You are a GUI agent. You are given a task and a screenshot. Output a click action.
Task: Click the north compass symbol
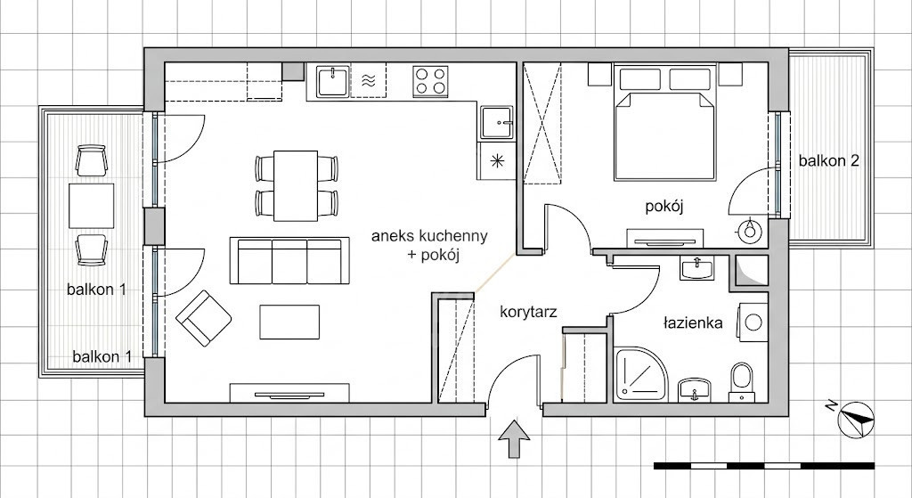pyautogui.click(x=856, y=419)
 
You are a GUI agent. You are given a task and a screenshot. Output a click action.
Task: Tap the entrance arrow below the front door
pyautogui.click(x=514, y=440)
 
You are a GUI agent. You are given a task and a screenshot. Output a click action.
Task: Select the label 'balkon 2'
pyautogui.click(x=828, y=160)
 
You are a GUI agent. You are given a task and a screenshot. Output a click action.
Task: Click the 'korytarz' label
pyautogui.click(x=528, y=313)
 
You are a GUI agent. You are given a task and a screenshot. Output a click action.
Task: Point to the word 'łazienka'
pyautogui.click(x=693, y=322)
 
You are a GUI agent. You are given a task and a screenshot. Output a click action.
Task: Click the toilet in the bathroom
pyautogui.click(x=742, y=382)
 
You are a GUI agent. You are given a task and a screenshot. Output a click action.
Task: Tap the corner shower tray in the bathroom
pyautogui.click(x=639, y=375)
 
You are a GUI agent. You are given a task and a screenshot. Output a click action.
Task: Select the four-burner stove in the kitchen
pyautogui.click(x=430, y=81)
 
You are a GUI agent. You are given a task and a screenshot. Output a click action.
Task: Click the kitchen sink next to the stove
pyautogui.click(x=333, y=81)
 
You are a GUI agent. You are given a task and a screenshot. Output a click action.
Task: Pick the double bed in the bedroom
pyautogui.click(x=664, y=123)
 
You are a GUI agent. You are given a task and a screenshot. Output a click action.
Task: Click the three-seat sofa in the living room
pyautogui.click(x=289, y=260)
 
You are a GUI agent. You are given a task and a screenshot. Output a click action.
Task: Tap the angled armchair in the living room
pyautogui.click(x=204, y=318)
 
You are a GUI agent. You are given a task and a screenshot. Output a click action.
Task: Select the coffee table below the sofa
pyautogui.click(x=289, y=322)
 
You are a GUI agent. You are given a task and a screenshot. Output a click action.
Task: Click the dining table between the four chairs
pyautogui.click(x=296, y=185)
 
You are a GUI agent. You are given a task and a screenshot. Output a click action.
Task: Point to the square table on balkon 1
pyautogui.click(x=92, y=206)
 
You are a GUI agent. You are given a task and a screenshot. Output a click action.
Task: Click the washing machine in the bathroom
pyautogui.click(x=753, y=322)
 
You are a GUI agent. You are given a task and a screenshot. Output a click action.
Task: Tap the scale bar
pyautogui.click(x=764, y=466)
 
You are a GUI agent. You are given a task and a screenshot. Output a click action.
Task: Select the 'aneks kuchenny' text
pyautogui.click(x=429, y=236)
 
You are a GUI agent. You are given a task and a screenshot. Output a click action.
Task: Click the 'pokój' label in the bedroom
pyautogui.click(x=664, y=207)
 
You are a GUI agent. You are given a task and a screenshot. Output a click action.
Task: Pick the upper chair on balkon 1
pyautogui.click(x=92, y=160)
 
